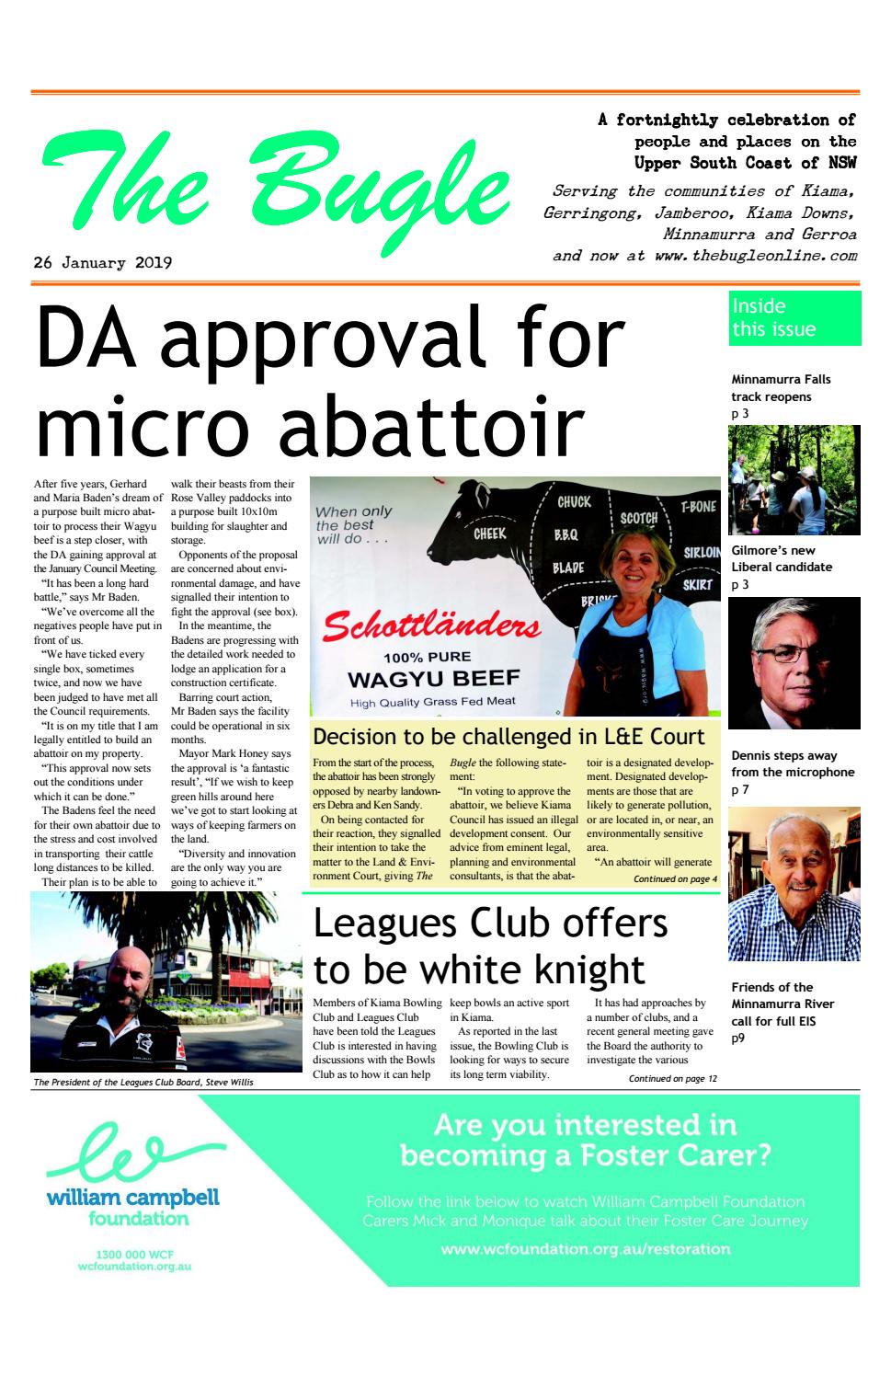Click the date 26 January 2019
(103, 263)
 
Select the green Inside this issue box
(794, 318)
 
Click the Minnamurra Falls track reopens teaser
(781, 388)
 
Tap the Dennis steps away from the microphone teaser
(793, 764)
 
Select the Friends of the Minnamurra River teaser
(772, 1004)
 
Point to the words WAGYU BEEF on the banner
(433, 680)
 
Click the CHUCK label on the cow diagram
(574, 502)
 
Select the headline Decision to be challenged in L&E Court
(508, 737)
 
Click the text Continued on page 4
(675, 879)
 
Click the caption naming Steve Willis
(143, 1083)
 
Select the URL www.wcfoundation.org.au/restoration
(585, 1249)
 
